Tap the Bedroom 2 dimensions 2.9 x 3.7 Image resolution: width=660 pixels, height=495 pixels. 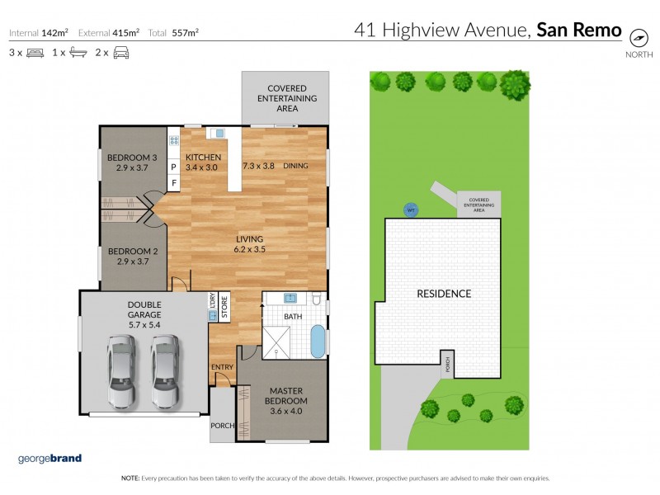coord(132,262)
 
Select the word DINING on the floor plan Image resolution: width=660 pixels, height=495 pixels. coord(295,166)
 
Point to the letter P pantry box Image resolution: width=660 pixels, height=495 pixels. coord(173,166)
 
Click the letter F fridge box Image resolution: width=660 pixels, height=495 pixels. coord(173,181)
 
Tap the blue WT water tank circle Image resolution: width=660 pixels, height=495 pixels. coord(410,210)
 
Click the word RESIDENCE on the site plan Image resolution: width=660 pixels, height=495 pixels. coord(443,294)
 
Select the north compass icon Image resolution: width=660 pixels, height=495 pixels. coord(638,38)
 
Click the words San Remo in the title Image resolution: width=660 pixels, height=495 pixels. coord(578,31)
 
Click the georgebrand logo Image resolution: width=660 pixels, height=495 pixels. coord(49,459)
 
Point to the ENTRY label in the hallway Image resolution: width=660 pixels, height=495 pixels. coord(222,367)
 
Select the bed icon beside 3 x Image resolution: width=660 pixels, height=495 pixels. coord(35,53)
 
